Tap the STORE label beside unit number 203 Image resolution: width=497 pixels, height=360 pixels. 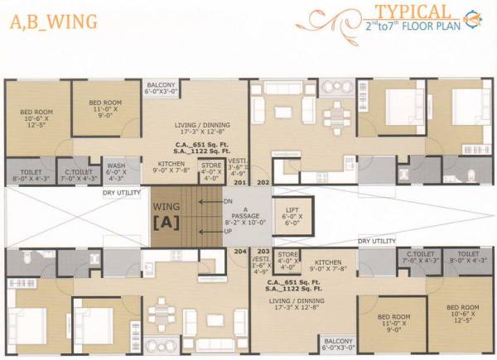(287, 259)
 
